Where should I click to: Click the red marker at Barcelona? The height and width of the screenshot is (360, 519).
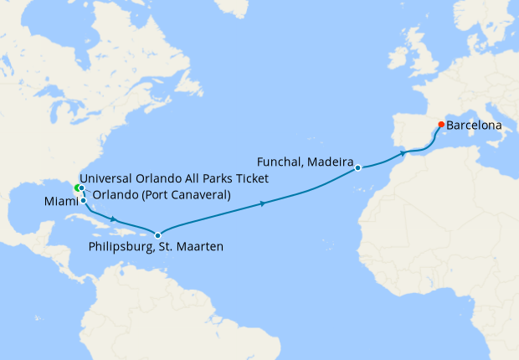pyautogui.click(x=441, y=125)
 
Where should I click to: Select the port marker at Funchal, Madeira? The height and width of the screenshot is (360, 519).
pyautogui.click(x=357, y=167)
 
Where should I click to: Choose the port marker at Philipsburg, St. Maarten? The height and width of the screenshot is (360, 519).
pyautogui.click(x=157, y=235)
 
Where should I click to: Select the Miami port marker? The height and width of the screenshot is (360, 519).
pyautogui.click(x=83, y=201)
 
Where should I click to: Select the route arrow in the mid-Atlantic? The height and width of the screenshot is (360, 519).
pyautogui.click(x=264, y=203)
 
